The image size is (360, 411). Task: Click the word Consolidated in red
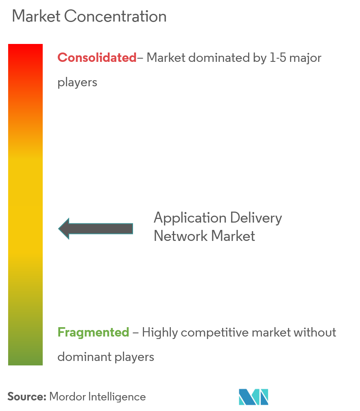point(97,58)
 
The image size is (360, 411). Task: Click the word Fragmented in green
point(93,332)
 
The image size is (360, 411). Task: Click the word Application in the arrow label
point(190,219)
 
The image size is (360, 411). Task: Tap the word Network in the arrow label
point(178,236)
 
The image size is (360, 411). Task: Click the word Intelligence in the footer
point(117,397)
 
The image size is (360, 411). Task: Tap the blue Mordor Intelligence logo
point(253,397)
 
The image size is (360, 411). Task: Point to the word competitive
point(215,332)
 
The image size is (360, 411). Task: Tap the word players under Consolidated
point(77,83)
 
